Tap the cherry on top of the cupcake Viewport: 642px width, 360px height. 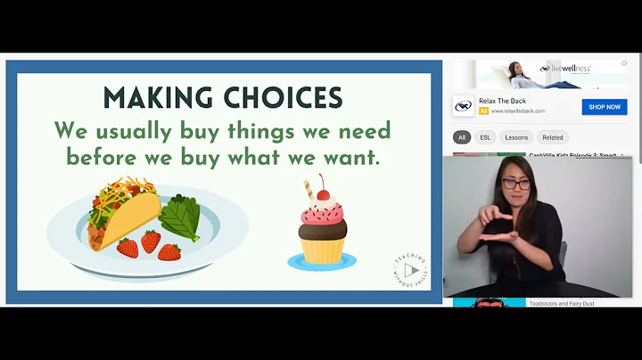[x=321, y=193]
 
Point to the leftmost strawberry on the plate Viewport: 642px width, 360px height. [x=128, y=247]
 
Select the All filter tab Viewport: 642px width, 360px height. [x=462, y=137]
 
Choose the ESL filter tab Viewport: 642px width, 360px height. [x=485, y=137]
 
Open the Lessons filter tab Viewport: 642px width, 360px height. [x=516, y=137]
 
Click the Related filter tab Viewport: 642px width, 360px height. [x=553, y=137]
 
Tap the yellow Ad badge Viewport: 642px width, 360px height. [x=483, y=111]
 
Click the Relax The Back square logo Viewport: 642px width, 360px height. [x=463, y=106]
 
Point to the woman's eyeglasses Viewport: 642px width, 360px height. [x=515, y=184]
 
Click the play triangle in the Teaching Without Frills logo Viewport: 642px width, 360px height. [x=410, y=269]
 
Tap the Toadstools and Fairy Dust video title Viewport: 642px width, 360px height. [x=561, y=303]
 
